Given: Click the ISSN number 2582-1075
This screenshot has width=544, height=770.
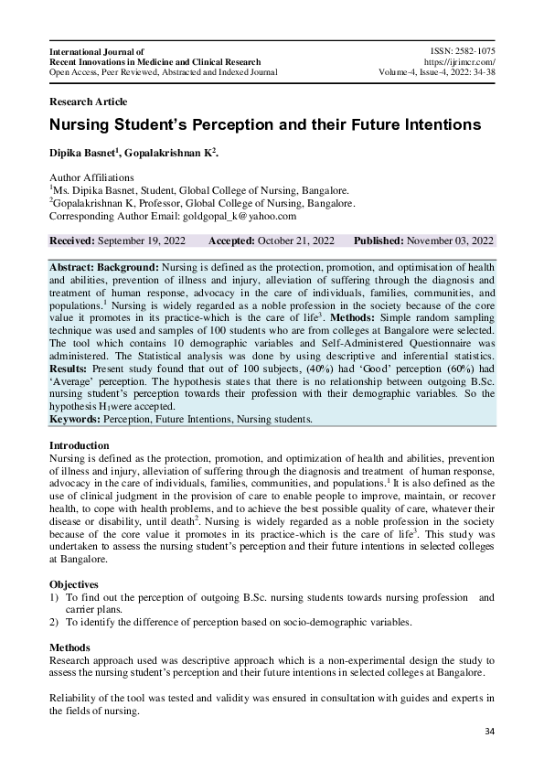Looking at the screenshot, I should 476,52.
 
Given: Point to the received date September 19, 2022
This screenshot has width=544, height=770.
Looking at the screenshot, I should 141,241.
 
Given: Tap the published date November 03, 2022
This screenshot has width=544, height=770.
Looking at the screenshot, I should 450,241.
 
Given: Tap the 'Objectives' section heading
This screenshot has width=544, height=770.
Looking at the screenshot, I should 74,583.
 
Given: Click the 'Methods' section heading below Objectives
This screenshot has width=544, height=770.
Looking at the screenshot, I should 69,647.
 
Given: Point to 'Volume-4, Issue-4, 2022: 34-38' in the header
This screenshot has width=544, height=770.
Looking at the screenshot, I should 437,72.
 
